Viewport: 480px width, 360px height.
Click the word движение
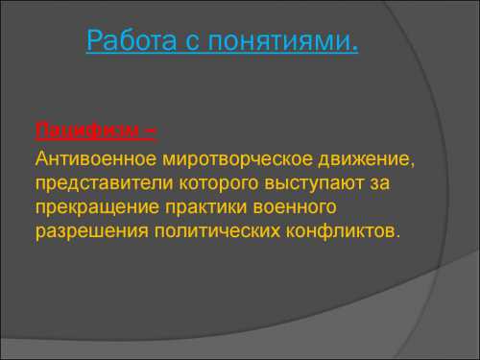tap(370, 156)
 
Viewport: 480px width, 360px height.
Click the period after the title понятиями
tap(355, 47)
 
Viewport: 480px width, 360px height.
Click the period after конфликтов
tap(393, 237)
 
